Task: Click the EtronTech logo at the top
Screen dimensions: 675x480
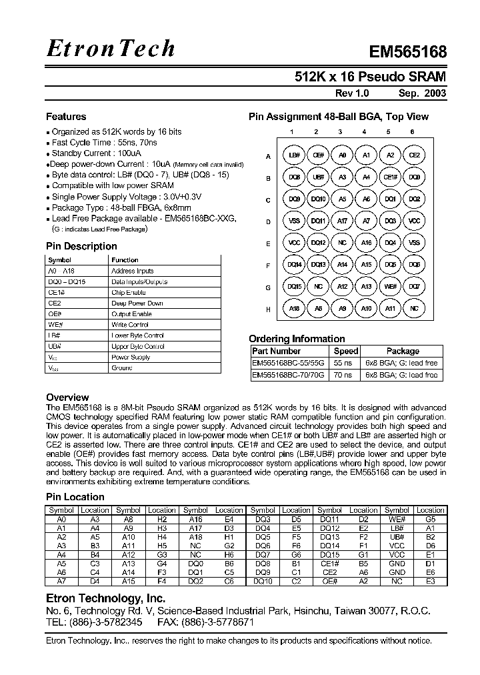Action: coord(111,48)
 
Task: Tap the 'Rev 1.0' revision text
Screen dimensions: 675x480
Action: coord(351,94)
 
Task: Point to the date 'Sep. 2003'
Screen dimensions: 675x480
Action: coord(423,94)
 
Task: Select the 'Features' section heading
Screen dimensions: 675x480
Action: coord(65,116)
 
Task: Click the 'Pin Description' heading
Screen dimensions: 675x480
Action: coord(81,246)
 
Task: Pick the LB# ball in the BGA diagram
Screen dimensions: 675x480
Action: coord(293,155)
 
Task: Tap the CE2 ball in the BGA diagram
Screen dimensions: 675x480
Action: coord(414,155)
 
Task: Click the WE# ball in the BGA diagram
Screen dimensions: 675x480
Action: coord(390,287)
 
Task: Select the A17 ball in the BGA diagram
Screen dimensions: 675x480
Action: coord(342,221)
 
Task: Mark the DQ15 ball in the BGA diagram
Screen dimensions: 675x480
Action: coord(293,287)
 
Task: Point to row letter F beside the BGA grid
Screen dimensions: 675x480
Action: coord(268,265)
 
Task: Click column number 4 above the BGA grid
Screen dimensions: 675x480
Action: coord(365,132)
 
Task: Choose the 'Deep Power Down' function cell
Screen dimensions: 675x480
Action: coord(137,303)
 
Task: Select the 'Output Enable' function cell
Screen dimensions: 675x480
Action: coord(131,313)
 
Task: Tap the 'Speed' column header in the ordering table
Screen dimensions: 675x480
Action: coord(346,351)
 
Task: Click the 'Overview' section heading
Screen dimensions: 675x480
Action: coord(67,397)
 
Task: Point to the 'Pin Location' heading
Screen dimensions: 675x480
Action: coord(75,497)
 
